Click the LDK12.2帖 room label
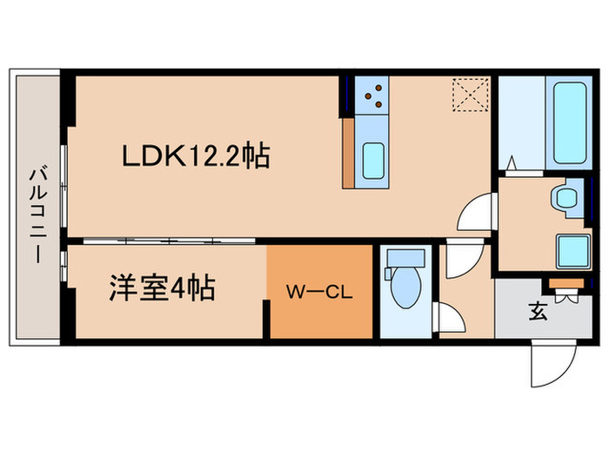pos(194,156)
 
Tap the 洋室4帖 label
pos(162,287)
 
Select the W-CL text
pos(318,293)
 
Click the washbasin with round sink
pos(564,199)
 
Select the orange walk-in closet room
pos(319,292)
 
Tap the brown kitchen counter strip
pos(348,153)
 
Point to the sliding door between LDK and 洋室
pos(165,240)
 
